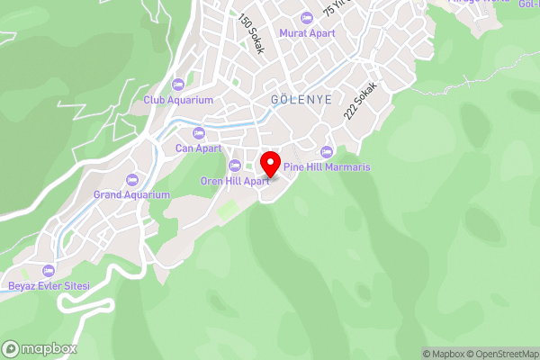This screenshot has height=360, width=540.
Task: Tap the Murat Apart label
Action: pyautogui.click(x=306, y=32)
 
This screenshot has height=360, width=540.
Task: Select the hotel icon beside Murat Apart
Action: pyautogui.click(x=306, y=17)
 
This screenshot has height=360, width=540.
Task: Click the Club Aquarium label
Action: pyautogui.click(x=178, y=100)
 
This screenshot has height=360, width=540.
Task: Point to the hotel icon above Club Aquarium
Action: pyautogui.click(x=178, y=85)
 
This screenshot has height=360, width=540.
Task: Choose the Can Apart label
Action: pyautogui.click(x=197, y=148)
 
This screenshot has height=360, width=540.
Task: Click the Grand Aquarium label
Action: pyautogui.click(x=131, y=194)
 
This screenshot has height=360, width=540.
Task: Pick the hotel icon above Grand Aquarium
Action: pyautogui.click(x=132, y=179)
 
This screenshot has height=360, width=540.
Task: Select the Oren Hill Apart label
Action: pyautogui.click(x=235, y=180)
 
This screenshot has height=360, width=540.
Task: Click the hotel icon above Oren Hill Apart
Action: pyautogui.click(x=235, y=165)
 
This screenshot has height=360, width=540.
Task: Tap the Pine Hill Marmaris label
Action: pyautogui.click(x=327, y=167)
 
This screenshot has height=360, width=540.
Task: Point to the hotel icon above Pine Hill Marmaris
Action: pyautogui.click(x=326, y=151)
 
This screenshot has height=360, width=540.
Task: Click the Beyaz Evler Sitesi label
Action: pyautogui.click(x=49, y=285)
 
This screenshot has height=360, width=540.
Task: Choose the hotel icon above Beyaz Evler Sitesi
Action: pyautogui.click(x=49, y=270)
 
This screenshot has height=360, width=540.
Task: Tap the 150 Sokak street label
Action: pyautogui.click(x=251, y=34)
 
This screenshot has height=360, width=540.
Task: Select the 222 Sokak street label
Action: pyautogui.click(x=359, y=104)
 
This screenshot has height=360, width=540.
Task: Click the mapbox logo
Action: pyautogui.click(x=40, y=348)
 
